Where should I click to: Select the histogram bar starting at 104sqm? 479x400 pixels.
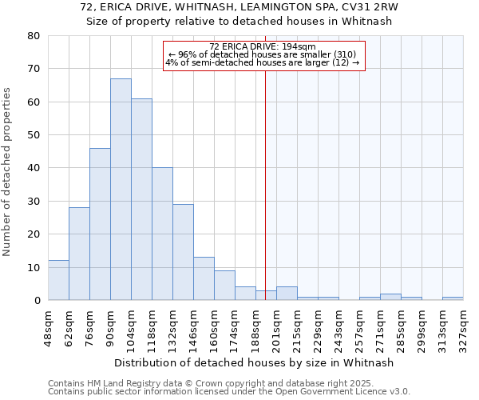click(x=141, y=199)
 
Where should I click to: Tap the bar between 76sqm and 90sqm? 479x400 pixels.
click(x=100, y=224)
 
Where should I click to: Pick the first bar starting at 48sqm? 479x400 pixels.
click(x=58, y=280)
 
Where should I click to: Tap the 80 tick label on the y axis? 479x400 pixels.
click(x=33, y=36)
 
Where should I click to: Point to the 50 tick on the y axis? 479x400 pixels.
click(x=33, y=135)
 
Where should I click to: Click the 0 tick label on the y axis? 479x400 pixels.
click(x=36, y=301)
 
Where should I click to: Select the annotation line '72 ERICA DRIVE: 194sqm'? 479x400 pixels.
click(x=263, y=46)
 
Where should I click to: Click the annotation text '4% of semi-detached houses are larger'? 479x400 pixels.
click(x=263, y=62)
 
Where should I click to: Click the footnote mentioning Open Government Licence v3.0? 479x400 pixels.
click(x=229, y=392)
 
